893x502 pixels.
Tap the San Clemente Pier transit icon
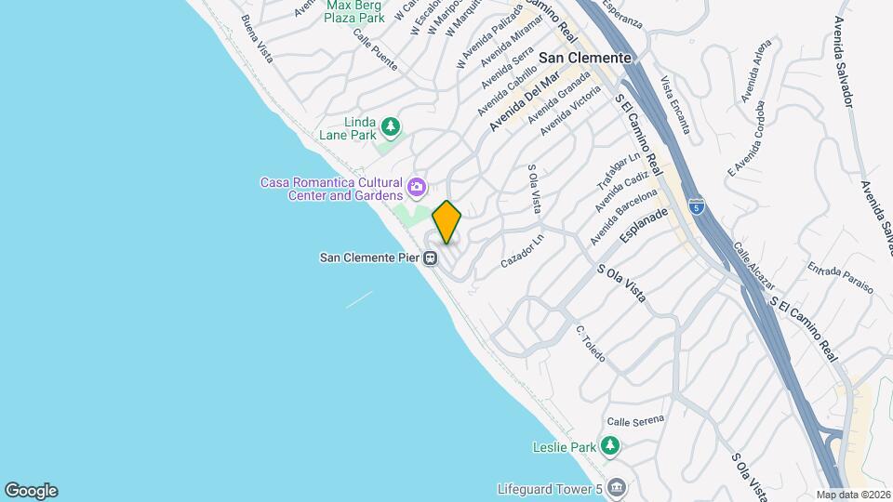[x=431, y=258]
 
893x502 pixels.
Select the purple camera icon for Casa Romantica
[x=417, y=188]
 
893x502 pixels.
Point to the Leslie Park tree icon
[x=610, y=447]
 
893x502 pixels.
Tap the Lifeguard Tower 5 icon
[x=617, y=488]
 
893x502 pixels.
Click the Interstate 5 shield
[x=696, y=203]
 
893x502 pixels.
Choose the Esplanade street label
[x=643, y=227]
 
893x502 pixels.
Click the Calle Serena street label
[x=635, y=420]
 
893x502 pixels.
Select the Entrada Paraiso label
[x=841, y=278]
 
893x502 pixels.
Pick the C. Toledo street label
[x=590, y=343]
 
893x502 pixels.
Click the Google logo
[x=31, y=491]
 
